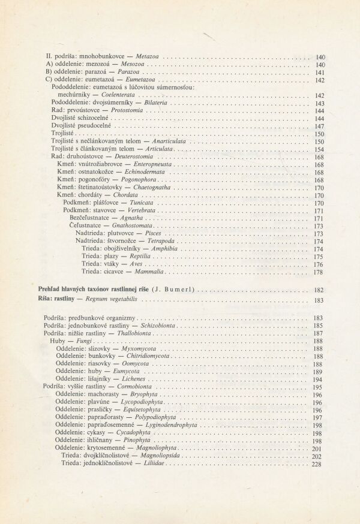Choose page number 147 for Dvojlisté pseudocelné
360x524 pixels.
319,127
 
